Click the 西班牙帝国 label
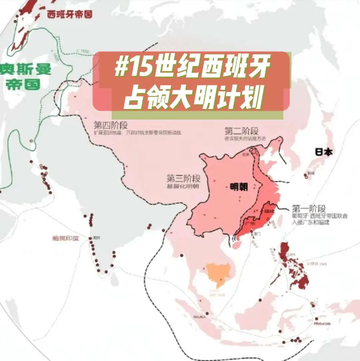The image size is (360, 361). point(69,14)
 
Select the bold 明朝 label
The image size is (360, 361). point(239,187)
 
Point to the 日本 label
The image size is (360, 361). point(324,152)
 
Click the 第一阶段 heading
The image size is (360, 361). point(308,209)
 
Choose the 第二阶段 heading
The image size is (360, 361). point(241,131)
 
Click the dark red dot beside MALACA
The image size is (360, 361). point(207,313)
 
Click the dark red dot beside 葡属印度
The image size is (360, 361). point(90,238)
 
